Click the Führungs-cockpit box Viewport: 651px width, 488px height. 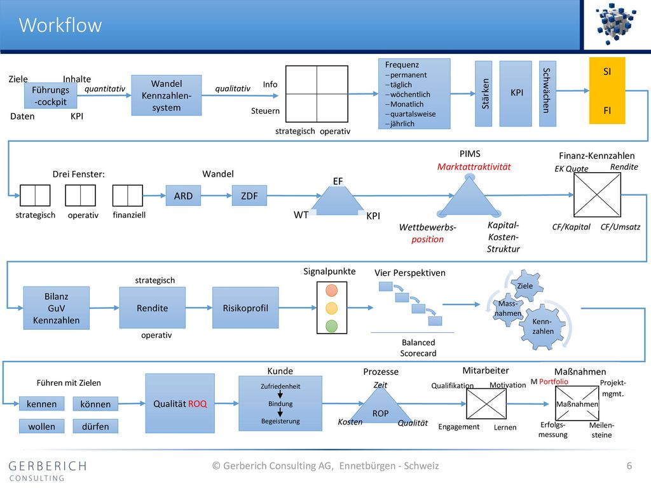click(51, 95)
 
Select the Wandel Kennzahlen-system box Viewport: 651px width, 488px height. click(167, 95)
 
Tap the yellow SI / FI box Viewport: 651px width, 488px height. click(607, 90)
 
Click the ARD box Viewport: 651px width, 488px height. click(183, 196)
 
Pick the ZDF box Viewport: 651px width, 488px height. click(249, 196)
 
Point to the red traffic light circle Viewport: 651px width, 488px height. click(331, 290)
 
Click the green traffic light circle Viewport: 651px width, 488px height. click(331, 326)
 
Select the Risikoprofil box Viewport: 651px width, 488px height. click(245, 308)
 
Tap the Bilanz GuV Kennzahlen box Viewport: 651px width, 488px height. click(57, 308)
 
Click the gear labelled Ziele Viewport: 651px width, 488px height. click(525, 285)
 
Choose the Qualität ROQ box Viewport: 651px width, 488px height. click(180, 403)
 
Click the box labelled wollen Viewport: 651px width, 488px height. click(41, 426)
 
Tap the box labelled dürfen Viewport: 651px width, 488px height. click(95, 426)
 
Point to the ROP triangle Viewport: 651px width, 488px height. click(380, 409)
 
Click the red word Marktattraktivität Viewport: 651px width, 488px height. click(474, 167)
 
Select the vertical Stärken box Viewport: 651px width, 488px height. click(484, 94)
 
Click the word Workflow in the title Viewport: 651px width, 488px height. click(60, 25)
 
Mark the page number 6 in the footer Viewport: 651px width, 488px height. click(629, 466)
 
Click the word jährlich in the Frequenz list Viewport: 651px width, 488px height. click(402, 124)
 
